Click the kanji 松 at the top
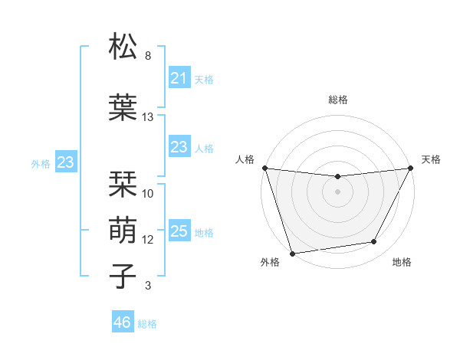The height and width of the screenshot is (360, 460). pyautogui.click(x=123, y=47)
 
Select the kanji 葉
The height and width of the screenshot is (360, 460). pyautogui.click(x=123, y=108)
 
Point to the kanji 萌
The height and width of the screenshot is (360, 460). pyautogui.click(x=123, y=231)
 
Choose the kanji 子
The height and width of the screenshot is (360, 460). pyautogui.click(x=123, y=277)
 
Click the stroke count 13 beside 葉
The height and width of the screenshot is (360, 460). pyautogui.click(x=148, y=117)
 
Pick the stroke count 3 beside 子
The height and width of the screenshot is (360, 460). pyautogui.click(x=148, y=286)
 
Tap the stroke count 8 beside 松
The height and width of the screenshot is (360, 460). pyautogui.click(x=148, y=56)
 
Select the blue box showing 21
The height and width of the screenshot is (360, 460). pyautogui.click(x=179, y=78)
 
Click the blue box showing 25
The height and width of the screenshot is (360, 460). pyautogui.click(x=179, y=231)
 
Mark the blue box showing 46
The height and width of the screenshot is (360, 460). pyautogui.click(x=123, y=322)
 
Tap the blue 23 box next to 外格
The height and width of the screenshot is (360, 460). pyautogui.click(x=66, y=162)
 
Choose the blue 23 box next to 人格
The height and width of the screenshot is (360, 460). pyautogui.click(x=179, y=147)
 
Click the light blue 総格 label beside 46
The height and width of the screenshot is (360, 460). pyautogui.click(x=147, y=324)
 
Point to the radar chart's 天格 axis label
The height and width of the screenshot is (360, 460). pyautogui.click(x=432, y=159)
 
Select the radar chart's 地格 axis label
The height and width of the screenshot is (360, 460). pyautogui.click(x=402, y=262)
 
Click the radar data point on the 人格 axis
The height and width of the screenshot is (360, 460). pyautogui.click(x=264, y=168)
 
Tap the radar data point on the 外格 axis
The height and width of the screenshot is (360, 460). pyautogui.click(x=293, y=253)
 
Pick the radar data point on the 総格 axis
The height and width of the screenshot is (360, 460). pyautogui.click(x=337, y=177)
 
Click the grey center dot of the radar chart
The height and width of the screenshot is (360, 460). pyautogui.click(x=337, y=191)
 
